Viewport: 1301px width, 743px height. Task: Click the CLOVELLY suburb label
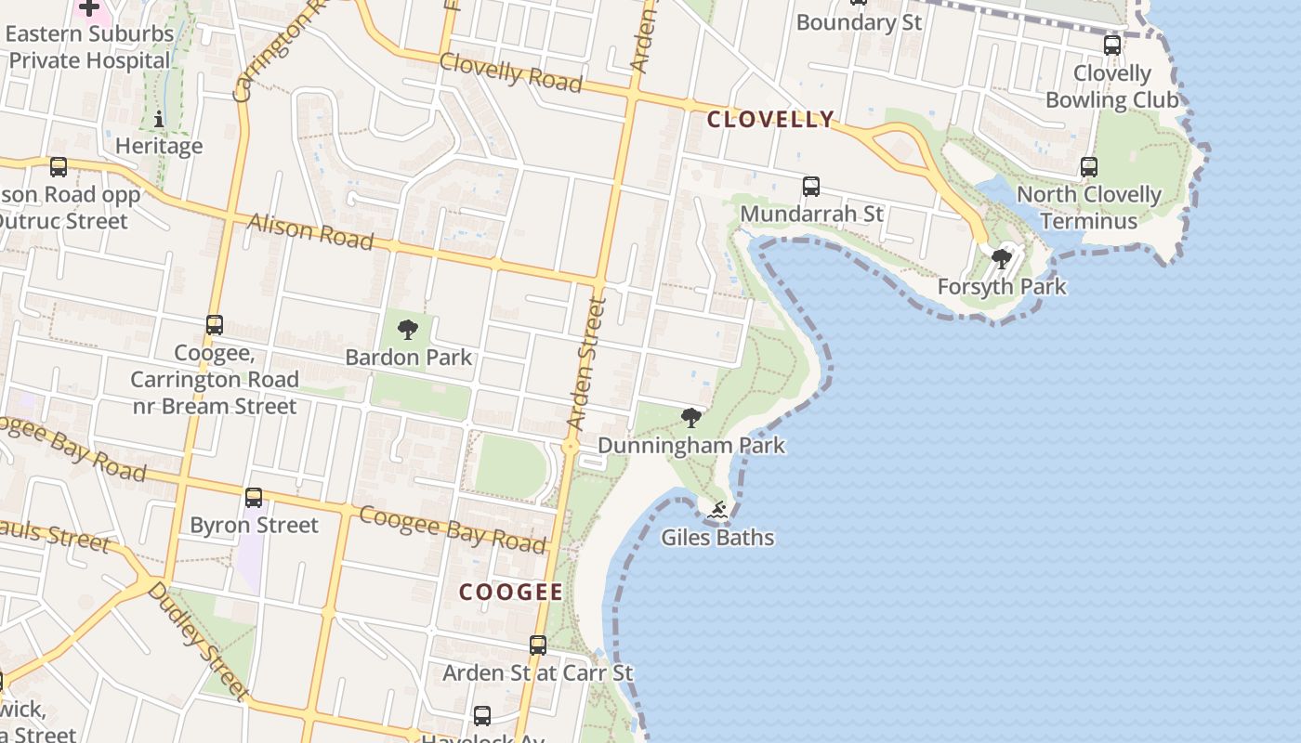click(770, 119)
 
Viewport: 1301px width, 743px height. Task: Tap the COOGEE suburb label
click(510, 592)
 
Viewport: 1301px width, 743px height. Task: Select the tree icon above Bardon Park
click(408, 330)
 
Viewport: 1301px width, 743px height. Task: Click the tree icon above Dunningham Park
click(690, 418)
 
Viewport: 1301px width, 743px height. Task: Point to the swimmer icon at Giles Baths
click(717, 510)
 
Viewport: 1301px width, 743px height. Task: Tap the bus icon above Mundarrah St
click(811, 187)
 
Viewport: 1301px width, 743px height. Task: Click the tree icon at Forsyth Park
click(1002, 259)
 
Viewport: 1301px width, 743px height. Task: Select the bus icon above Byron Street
click(254, 498)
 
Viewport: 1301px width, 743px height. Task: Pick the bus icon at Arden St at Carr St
click(537, 645)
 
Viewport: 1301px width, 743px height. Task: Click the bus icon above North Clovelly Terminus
click(1089, 167)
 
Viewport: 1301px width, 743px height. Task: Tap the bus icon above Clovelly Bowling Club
click(1112, 46)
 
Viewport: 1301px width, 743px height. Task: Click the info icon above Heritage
click(159, 119)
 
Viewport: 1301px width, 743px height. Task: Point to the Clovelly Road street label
click(511, 72)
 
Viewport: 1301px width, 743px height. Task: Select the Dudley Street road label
click(197, 640)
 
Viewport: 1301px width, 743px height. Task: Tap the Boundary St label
click(859, 22)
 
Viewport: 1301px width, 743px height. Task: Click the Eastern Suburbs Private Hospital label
click(89, 47)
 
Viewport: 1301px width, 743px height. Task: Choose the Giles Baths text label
click(717, 537)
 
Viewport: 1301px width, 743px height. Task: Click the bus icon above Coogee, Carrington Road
click(215, 325)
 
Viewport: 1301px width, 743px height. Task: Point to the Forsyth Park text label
click(1002, 286)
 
